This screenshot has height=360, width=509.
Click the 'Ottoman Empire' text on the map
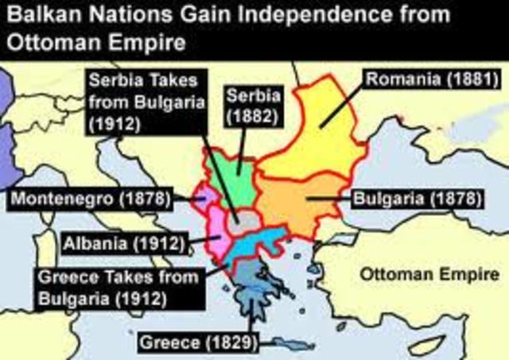click(429, 274)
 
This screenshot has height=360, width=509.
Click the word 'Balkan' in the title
click(34, 15)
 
